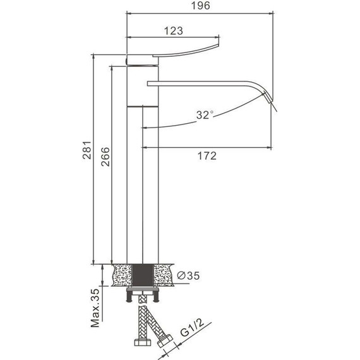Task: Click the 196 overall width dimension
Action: point(200,6)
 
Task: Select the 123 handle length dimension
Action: point(173,31)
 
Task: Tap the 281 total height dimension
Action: point(87,150)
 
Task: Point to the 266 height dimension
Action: point(105,157)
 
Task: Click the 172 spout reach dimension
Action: point(207,156)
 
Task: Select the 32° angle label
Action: point(205,115)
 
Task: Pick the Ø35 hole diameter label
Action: point(188,275)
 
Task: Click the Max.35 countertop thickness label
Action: point(95,308)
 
